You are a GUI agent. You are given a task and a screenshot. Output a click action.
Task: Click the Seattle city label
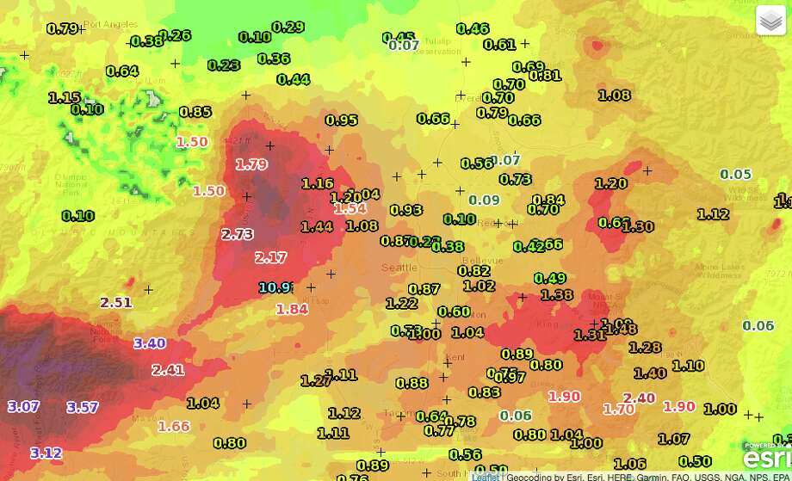pos(399,268)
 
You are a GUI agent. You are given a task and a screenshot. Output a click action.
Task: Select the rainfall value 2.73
pos(237,234)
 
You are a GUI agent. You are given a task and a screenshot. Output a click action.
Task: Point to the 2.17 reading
pos(270,257)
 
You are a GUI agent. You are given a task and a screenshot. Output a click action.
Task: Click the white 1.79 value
pos(251,164)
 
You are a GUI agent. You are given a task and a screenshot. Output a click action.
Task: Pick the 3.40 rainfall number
pos(150,343)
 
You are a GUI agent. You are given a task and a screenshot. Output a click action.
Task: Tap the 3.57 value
pos(83,407)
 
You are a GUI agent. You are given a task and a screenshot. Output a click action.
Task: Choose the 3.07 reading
pos(23,406)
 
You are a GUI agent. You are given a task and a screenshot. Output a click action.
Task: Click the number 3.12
pos(46,453)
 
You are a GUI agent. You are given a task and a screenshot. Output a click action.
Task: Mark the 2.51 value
pos(115,302)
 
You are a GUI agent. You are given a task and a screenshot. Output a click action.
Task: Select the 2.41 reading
pos(168,370)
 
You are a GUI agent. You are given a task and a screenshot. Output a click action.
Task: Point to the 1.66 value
pos(174,426)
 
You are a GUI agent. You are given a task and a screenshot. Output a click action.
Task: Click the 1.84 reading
pos(292,309)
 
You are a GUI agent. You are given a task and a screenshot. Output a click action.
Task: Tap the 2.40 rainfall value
pos(639,398)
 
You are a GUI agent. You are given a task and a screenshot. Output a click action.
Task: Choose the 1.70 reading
pos(618,410)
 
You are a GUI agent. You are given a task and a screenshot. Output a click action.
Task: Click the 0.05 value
pos(735,175)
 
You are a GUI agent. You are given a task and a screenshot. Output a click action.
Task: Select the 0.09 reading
pos(484,200)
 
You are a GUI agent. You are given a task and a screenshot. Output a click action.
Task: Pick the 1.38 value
pos(556,295)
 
